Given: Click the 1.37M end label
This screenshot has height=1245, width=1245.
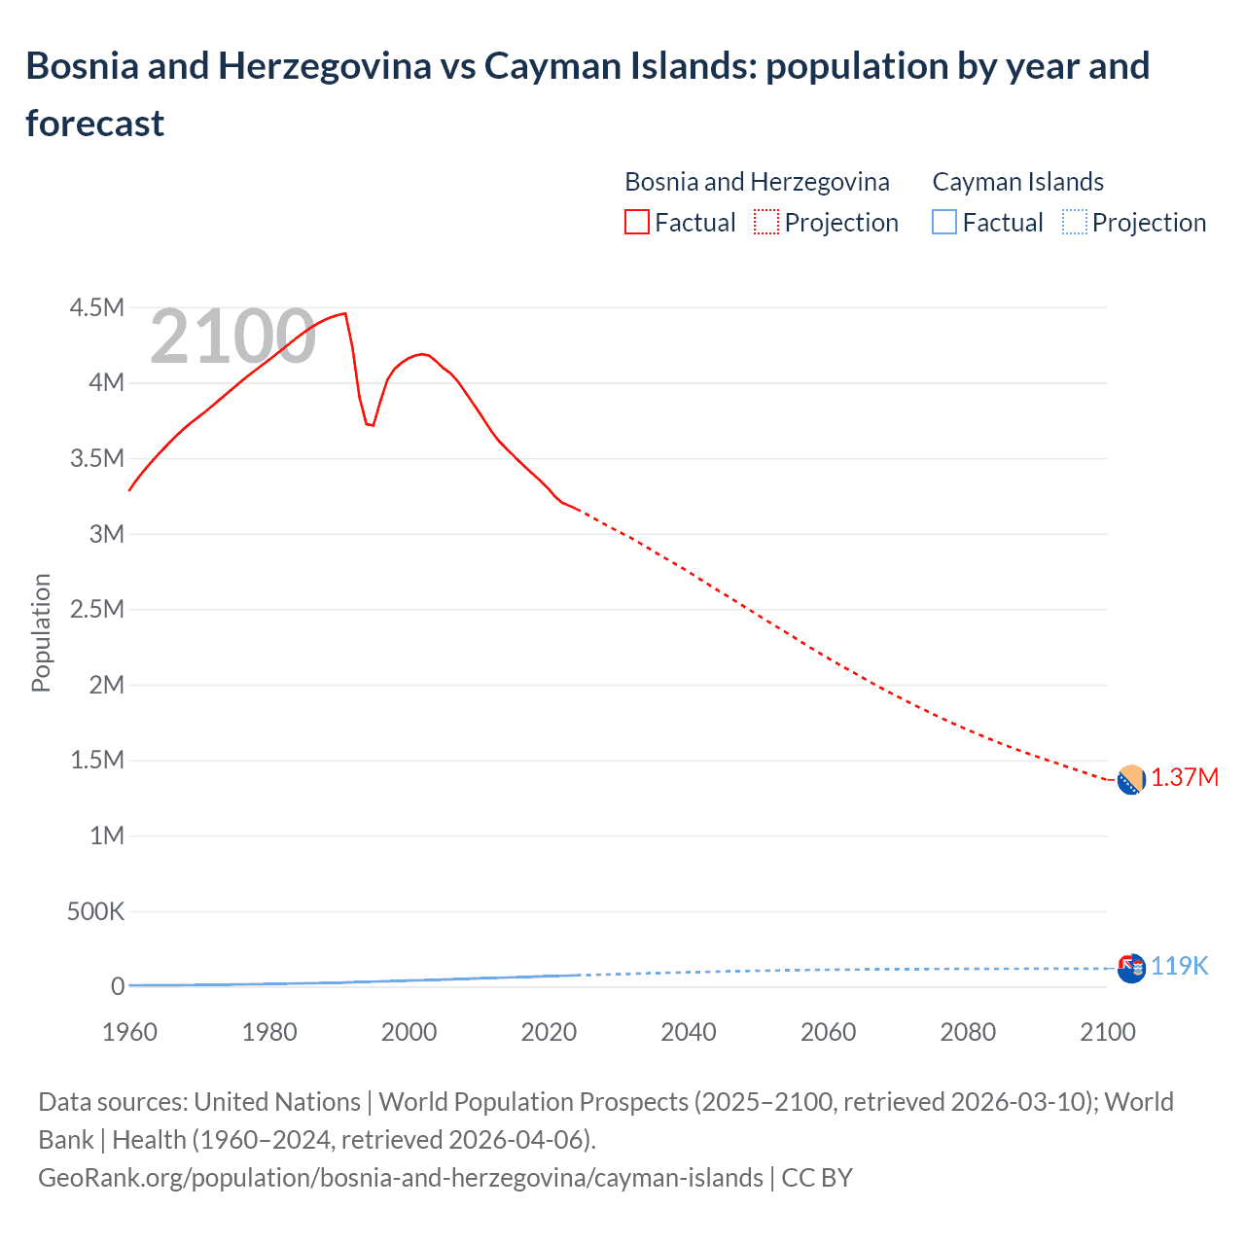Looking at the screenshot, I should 1185,778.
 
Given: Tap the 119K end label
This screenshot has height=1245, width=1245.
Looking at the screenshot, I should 1179,967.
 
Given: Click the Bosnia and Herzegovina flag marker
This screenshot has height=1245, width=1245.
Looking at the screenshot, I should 1131,780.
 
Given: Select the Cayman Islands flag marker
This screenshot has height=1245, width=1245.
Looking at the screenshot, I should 1131,969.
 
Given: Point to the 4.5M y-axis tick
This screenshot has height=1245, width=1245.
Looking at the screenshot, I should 97,308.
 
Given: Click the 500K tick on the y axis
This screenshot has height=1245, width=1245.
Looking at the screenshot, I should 95,912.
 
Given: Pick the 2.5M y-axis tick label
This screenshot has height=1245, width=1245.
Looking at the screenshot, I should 97,610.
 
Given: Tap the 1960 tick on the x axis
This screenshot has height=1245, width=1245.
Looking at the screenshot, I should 129,1032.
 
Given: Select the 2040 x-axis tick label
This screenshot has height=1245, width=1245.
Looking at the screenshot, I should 689,1032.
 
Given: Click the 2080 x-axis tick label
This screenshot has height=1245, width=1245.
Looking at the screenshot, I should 968,1032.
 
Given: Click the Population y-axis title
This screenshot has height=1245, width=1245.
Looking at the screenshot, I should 41,632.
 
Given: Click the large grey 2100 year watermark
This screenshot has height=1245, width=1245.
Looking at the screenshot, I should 232,337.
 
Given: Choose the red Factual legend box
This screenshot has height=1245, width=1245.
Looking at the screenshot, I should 637,223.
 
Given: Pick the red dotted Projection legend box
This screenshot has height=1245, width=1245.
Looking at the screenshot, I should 766,223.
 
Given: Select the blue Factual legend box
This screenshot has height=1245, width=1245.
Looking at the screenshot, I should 944,223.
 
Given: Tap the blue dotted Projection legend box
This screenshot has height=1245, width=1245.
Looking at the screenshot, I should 1074,223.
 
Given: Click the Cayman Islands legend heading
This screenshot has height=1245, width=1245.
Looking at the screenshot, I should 1017,182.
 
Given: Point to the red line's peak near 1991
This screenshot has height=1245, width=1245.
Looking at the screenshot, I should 345,313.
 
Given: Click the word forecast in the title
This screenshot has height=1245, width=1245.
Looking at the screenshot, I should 95,124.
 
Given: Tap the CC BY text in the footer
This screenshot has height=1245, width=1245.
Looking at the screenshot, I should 817,1178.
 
